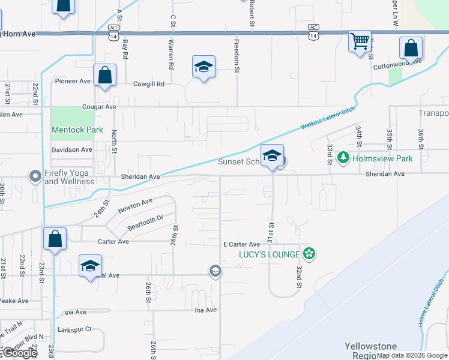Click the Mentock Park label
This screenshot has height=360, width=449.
coord(77,130)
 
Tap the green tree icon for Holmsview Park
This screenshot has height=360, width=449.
coord(343,158)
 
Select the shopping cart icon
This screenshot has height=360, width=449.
coord(360,42)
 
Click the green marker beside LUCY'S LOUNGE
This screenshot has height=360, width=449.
coord(309,254)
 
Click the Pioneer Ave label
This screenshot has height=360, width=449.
coord(72,81)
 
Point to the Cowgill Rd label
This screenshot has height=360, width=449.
coord(148,84)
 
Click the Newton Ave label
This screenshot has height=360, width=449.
coord(135,205)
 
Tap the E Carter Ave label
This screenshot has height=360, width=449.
coord(241,245)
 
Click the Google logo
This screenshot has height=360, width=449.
coord(20,353)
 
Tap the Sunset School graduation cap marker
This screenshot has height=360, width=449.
coord(272,156)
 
